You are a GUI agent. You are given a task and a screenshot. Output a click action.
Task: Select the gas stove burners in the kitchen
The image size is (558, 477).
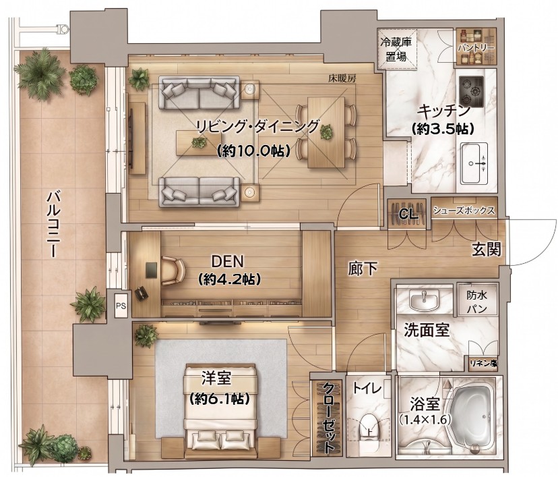(x=471, y=92)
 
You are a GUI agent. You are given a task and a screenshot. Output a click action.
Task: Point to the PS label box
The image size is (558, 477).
(x=121, y=306)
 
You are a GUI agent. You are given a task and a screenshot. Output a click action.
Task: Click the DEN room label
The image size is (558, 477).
(x=227, y=262)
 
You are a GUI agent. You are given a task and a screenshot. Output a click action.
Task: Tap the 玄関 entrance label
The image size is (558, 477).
(x=487, y=250)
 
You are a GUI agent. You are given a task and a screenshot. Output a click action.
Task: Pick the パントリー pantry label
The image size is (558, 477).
(x=476, y=48)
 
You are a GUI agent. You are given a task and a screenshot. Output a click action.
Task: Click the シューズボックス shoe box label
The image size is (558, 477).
(x=464, y=211)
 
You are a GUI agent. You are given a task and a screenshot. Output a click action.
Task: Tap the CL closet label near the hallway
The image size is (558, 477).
(x=408, y=214)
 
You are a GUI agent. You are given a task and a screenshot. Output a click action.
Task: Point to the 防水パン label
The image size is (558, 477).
(x=477, y=302)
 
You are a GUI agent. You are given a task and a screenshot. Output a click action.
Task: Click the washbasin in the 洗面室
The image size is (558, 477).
(x=424, y=300)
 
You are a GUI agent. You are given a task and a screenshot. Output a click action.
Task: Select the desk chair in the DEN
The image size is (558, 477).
(x=173, y=271)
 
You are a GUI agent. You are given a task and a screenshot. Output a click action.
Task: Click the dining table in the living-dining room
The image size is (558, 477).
(x=326, y=132)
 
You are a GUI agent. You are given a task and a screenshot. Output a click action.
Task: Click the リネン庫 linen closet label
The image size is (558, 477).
(x=483, y=364)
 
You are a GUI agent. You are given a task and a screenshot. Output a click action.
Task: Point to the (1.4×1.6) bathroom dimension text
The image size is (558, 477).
(x=424, y=420)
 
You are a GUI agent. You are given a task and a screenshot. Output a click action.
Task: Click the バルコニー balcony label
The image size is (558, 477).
(x=55, y=224)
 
